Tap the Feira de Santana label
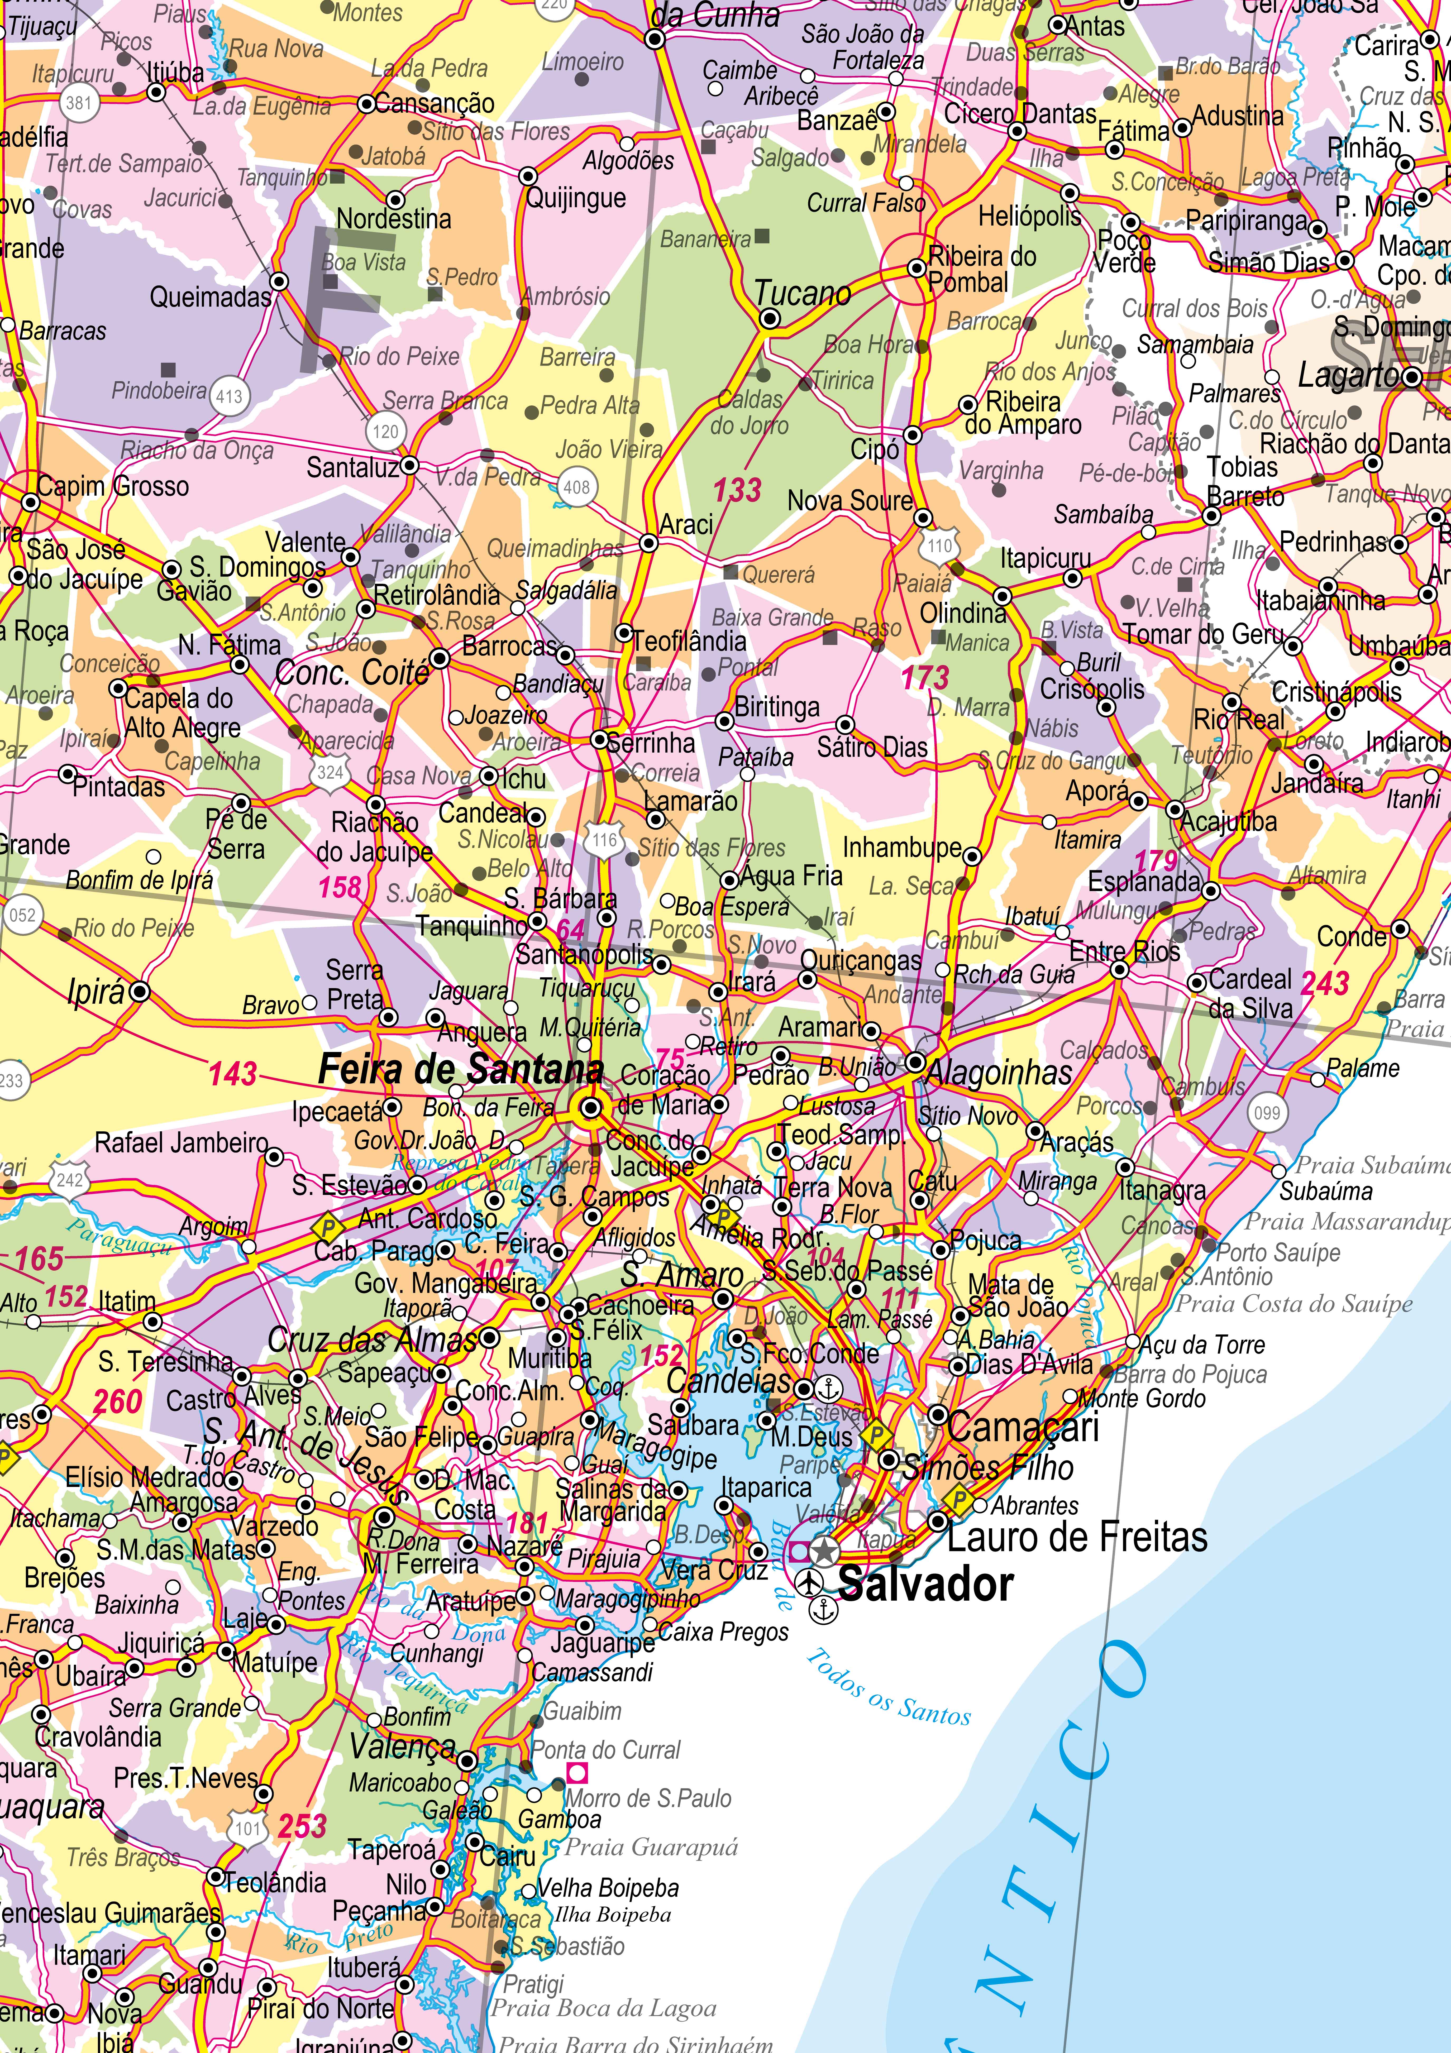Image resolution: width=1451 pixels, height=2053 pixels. [x=460, y=1069]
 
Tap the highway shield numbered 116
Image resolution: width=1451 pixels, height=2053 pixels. [x=604, y=840]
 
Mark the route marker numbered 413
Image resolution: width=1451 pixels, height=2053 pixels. [x=229, y=396]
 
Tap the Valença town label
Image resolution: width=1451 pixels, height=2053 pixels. [x=402, y=1745]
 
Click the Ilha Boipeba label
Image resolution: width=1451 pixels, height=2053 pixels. [x=612, y=1915]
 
